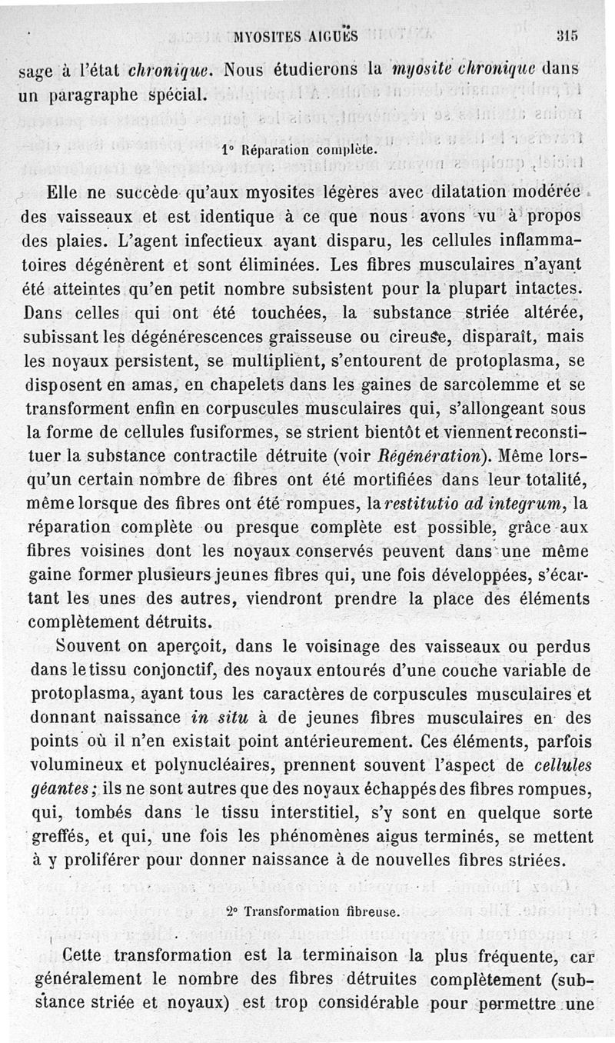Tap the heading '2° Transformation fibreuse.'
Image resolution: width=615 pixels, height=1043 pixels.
[x=313, y=912]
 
